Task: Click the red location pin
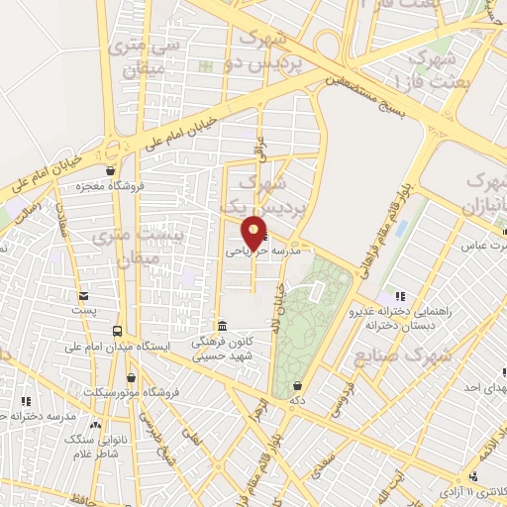[254, 233]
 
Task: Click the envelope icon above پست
[85, 295]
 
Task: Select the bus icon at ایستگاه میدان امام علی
[118, 331]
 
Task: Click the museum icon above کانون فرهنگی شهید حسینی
[221, 326]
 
